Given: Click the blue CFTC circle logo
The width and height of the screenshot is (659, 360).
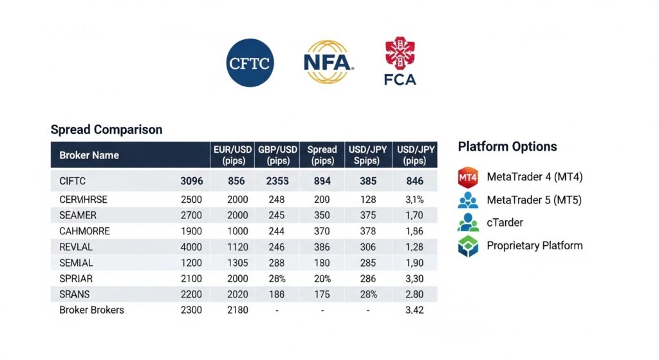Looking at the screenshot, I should [250, 62].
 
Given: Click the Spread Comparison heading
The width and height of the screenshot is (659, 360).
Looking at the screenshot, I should [106, 129].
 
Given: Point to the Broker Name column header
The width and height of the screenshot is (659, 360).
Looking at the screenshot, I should [89, 155].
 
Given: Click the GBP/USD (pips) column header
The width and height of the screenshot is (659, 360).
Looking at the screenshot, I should [277, 155].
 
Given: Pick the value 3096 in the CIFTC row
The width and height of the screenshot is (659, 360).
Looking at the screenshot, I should [192, 182].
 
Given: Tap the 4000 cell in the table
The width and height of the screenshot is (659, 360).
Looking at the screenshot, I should [192, 247].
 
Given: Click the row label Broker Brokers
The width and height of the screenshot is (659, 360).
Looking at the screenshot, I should [91, 310].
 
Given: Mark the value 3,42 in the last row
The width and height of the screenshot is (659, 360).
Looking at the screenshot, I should [414, 310].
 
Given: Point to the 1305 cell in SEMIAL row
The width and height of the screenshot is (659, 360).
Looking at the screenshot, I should [237, 263].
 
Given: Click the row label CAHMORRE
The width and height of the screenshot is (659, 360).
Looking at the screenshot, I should [84, 231].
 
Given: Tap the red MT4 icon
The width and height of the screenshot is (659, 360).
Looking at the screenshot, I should [468, 176].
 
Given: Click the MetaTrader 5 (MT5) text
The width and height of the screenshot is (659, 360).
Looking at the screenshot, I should [534, 200].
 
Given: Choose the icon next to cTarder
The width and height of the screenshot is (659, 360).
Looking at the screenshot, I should [468, 222].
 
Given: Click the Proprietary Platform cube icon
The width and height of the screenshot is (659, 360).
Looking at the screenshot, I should [468, 246].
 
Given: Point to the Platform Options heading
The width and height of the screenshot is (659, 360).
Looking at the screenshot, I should [507, 146].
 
